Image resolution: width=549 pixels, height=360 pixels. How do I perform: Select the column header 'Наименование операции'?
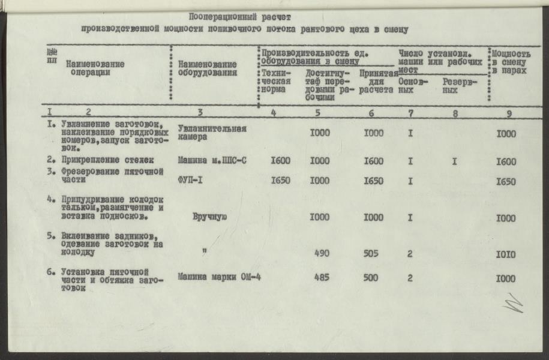[95, 68]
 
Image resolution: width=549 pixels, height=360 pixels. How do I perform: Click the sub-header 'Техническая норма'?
[276, 82]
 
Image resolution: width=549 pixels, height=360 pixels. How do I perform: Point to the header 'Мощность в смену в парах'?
[511, 62]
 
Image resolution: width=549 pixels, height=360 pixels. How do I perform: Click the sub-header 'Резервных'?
[459, 86]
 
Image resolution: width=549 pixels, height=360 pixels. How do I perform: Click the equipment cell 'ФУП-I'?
[192, 181]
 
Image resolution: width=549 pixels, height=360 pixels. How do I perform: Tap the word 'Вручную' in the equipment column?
[209, 218]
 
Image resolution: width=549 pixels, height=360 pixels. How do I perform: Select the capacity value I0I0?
[506, 254]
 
